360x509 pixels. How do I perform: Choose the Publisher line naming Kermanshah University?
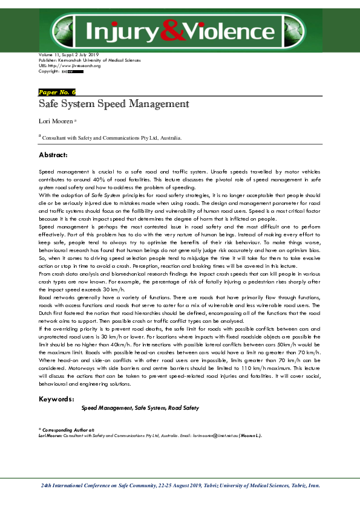89,61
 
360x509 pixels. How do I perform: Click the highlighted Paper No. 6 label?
57,92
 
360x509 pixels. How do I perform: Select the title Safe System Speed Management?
114,104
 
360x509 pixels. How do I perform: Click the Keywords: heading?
56,399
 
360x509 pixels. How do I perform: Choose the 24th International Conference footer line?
180,485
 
